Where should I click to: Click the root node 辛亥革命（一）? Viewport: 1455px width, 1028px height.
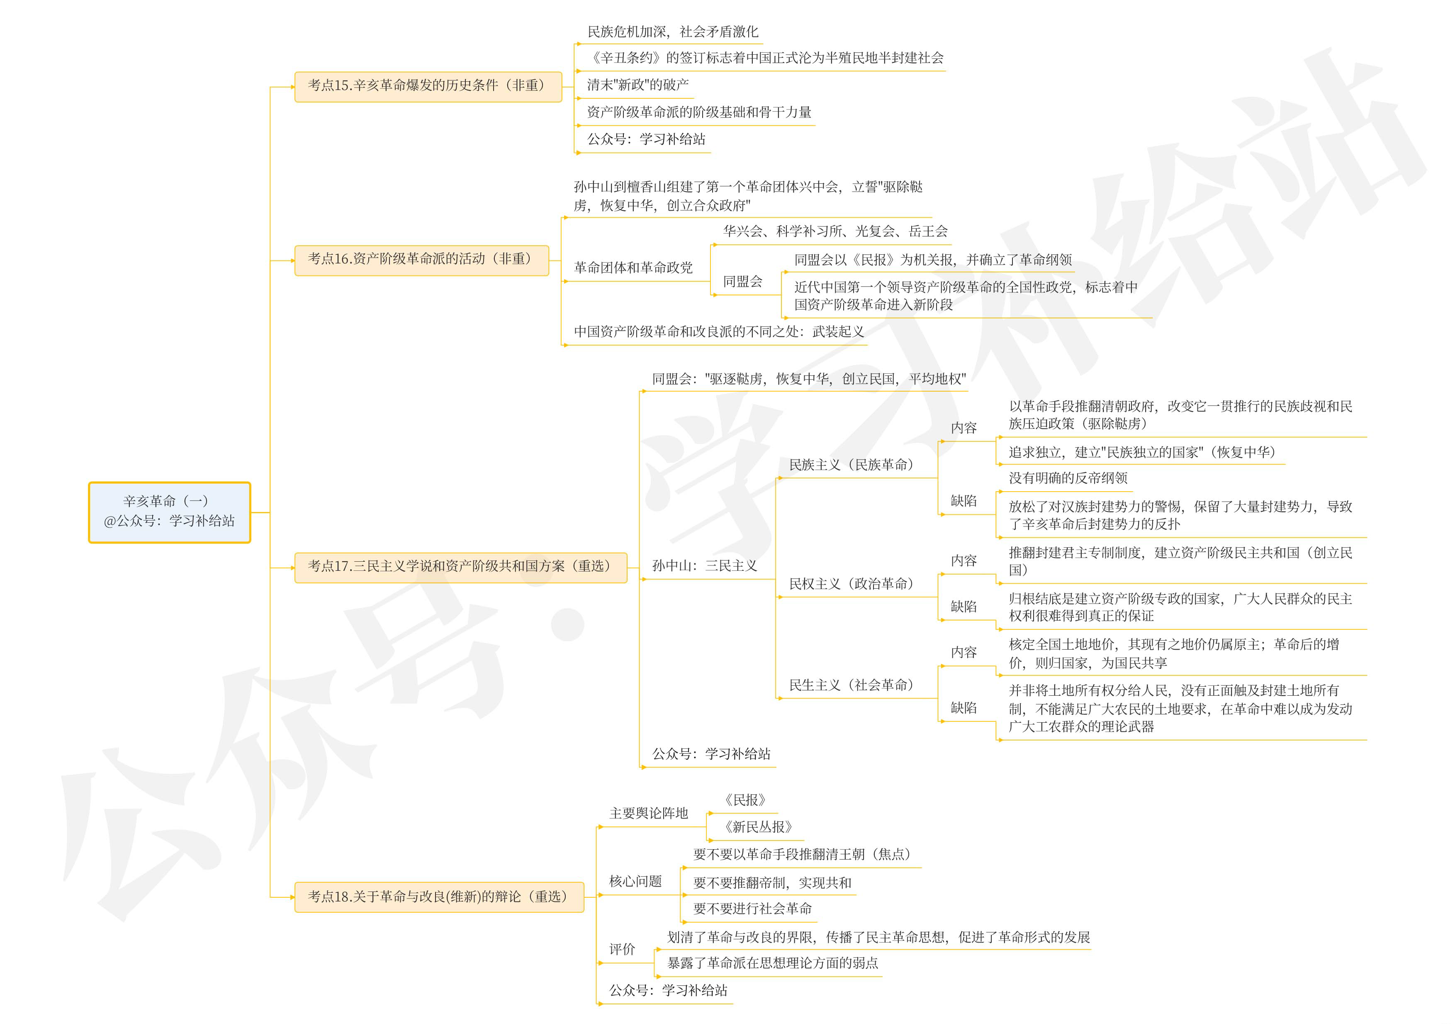169,512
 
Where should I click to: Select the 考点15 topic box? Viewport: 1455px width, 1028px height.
428,85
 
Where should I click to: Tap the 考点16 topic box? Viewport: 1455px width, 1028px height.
421,259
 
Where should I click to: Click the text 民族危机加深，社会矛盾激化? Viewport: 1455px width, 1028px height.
672,32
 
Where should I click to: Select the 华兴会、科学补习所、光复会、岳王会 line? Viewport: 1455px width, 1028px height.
835,231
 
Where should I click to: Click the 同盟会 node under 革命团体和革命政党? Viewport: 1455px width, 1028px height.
743,281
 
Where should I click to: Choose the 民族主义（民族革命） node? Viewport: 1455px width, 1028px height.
851,465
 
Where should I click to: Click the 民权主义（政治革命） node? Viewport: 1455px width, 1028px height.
851,584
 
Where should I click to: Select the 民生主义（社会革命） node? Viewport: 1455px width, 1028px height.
851,685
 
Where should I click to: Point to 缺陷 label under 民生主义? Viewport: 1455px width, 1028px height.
963,707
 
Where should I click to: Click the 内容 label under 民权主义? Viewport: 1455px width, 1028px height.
963,560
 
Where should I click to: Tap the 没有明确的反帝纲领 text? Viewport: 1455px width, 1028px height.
1068,478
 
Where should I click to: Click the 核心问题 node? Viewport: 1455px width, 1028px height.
635,881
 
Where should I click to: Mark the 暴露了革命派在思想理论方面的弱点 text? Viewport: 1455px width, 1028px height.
772,963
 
